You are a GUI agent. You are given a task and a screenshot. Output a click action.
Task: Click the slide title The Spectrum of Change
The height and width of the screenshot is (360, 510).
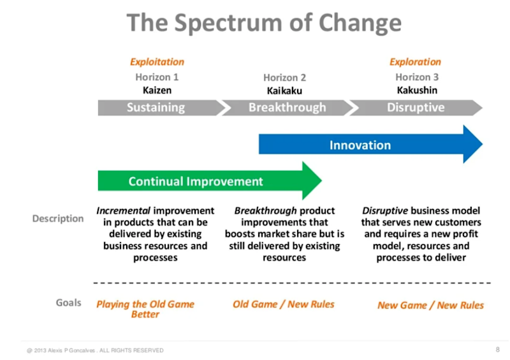tap(264, 24)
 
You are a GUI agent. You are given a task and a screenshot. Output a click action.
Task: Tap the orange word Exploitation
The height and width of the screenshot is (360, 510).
tap(157, 62)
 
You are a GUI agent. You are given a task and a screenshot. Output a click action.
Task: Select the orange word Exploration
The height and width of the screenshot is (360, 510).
tap(415, 62)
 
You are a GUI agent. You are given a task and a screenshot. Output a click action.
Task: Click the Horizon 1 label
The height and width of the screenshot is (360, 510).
tap(157, 77)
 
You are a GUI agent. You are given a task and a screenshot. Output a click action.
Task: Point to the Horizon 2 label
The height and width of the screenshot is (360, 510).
tap(284, 78)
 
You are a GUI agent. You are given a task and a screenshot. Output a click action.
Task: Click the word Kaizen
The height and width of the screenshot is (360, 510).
tap(157, 90)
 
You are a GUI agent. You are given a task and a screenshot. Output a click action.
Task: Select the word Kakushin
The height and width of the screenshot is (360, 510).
tap(417, 90)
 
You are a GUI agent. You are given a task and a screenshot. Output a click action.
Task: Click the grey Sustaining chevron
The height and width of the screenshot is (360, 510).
tap(156, 107)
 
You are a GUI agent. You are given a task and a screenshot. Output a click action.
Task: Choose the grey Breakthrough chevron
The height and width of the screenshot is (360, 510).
tap(287, 107)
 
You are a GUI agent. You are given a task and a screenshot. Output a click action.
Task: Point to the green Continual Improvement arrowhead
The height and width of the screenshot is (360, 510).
tap(312, 181)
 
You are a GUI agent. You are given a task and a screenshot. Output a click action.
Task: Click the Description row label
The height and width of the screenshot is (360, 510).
tap(58, 219)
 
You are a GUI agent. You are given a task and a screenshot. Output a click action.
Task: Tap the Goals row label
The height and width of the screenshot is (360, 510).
tap(68, 303)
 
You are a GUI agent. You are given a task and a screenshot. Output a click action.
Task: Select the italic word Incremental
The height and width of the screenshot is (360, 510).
tap(123, 211)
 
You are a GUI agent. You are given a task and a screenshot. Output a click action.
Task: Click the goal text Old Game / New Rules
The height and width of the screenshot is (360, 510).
tap(284, 304)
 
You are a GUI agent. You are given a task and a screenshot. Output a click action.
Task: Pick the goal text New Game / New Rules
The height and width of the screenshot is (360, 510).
tap(430, 305)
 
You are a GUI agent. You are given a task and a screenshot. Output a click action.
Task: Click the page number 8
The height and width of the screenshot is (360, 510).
tap(497, 350)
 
